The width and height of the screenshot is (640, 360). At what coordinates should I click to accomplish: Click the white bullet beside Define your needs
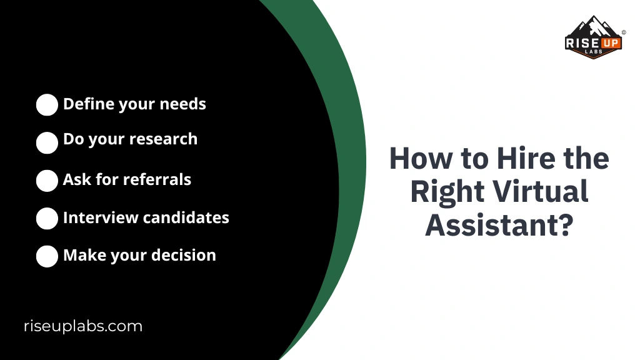(47, 105)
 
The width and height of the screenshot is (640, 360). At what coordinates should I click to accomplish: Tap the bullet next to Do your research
(47, 142)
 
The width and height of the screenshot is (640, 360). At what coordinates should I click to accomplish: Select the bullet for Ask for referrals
(47, 181)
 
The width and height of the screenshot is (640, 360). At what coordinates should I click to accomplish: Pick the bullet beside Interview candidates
(47, 219)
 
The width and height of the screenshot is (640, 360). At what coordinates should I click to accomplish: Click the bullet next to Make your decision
(47, 256)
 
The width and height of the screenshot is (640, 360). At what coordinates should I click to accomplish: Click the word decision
(186, 255)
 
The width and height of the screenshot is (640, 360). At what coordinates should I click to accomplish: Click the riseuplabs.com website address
(83, 326)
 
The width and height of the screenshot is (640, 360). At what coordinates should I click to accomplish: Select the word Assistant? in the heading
(499, 225)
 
